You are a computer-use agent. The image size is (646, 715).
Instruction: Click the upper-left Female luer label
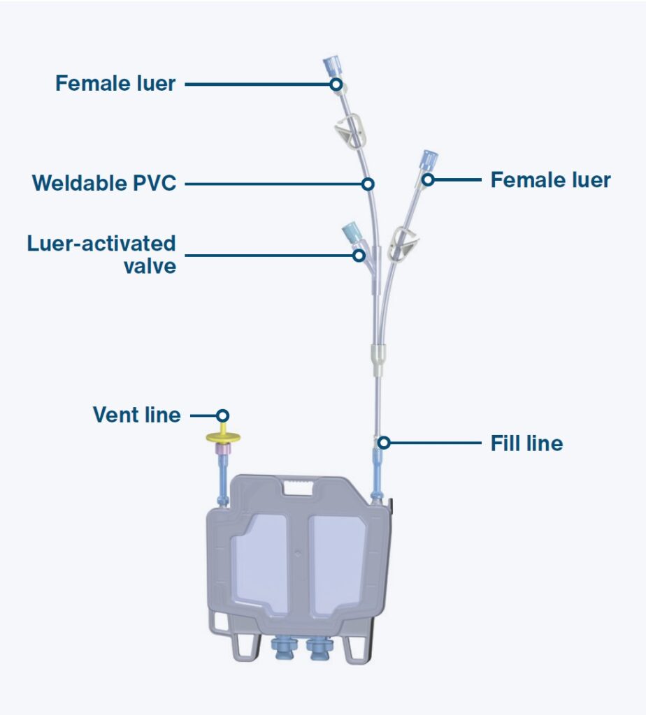(115, 84)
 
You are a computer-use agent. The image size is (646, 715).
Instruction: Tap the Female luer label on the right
(550, 180)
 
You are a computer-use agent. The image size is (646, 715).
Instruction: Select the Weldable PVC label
(103, 184)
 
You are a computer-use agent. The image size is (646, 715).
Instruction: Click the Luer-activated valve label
(101, 254)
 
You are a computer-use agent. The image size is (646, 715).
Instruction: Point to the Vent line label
(136, 415)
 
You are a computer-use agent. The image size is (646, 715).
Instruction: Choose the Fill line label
(526, 443)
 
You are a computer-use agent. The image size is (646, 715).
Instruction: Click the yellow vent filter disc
(223, 438)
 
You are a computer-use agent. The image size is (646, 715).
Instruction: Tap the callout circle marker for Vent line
(222, 415)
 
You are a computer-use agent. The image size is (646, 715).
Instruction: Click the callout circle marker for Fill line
(383, 443)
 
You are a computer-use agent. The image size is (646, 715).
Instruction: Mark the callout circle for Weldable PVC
(368, 184)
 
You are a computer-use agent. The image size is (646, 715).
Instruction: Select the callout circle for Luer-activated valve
(359, 255)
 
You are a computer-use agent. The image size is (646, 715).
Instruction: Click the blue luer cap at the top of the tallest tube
(330, 68)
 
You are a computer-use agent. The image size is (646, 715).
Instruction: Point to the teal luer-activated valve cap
(349, 231)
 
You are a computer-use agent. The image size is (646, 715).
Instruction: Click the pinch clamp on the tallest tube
(348, 131)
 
